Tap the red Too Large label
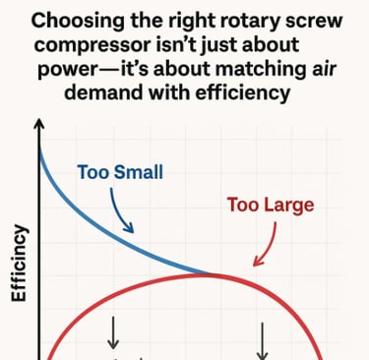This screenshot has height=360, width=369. (271, 206)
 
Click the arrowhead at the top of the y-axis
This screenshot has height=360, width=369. (38, 126)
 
